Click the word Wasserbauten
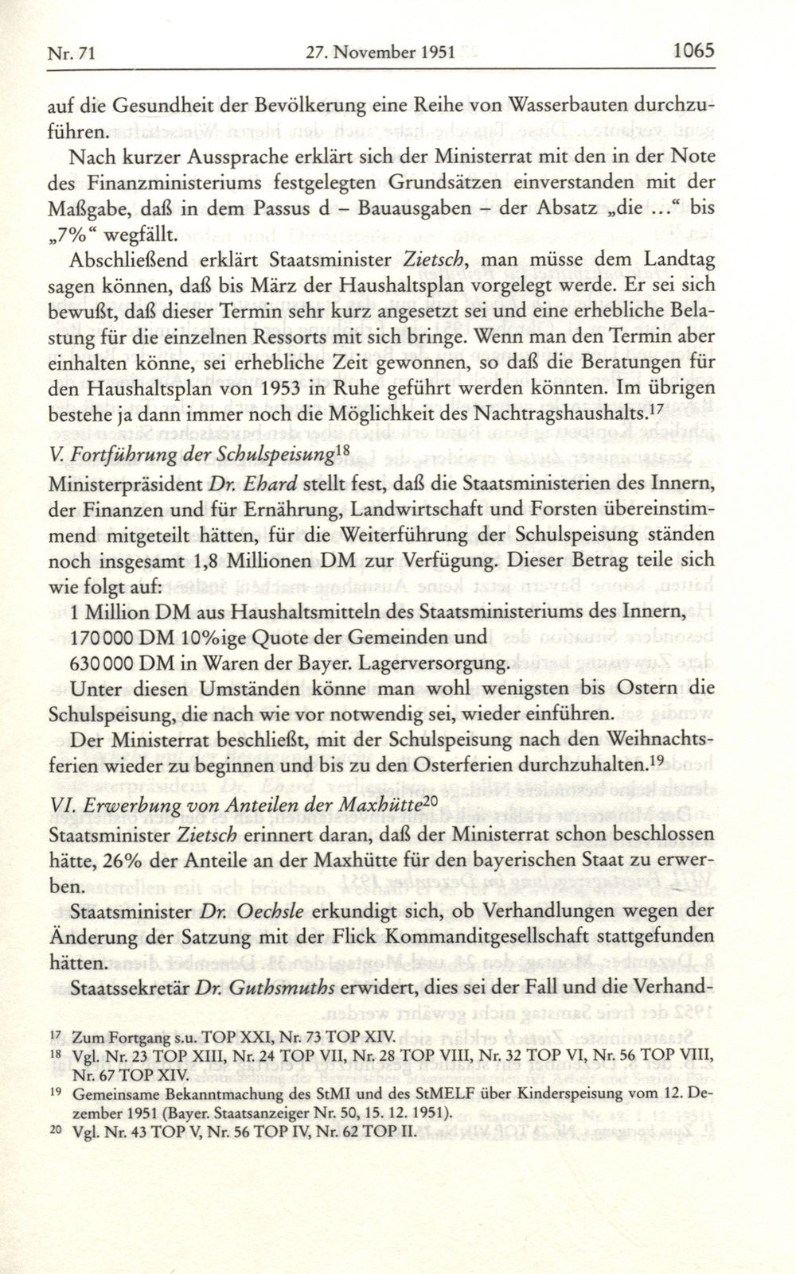click(x=573, y=105)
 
